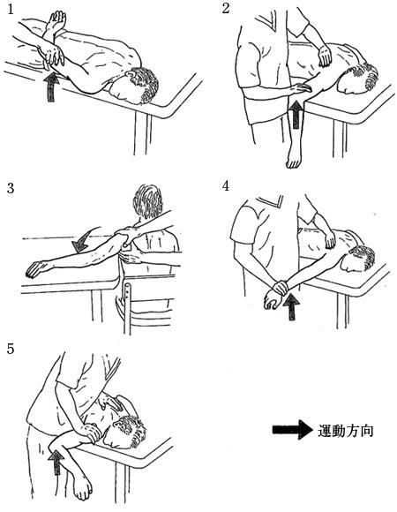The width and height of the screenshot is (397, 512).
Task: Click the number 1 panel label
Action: (11, 9)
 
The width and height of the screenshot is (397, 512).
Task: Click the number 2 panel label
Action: (226, 9)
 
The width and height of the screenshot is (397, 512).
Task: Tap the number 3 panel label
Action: (11, 188)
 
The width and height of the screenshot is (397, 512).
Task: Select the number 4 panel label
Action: (226, 185)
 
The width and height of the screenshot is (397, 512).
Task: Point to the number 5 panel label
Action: (11, 349)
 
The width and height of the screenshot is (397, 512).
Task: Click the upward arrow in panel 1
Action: (51, 87)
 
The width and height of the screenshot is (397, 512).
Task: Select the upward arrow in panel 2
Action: (296, 115)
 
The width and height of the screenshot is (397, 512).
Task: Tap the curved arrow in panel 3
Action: (84, 240)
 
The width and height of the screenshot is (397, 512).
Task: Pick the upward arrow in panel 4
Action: (291, 306)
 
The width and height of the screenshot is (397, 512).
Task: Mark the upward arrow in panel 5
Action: (56, 462)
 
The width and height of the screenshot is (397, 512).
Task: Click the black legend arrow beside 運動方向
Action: (292, 430)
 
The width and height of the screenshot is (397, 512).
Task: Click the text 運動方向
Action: (345, 431)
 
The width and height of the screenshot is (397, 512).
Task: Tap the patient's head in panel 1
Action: (137, 86)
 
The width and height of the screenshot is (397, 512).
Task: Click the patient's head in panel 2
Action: (359, 79)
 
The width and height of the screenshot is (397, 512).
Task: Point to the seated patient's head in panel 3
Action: (148, 201)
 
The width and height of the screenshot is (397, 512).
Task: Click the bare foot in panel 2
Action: (294, 157)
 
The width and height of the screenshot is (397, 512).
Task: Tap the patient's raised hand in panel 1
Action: (56, 21)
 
